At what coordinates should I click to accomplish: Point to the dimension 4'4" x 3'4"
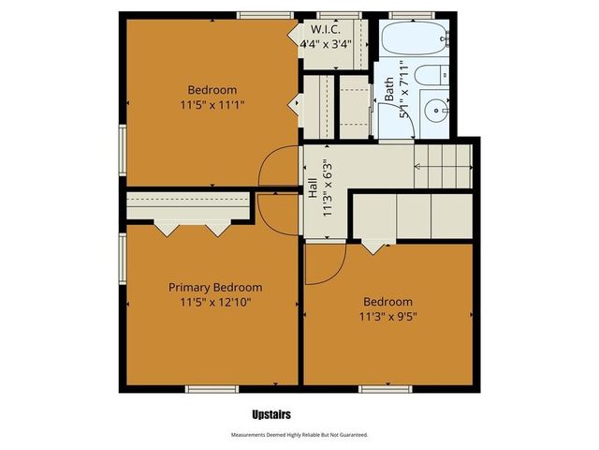pos(326,43)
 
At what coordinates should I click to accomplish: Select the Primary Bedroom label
pos(215,287)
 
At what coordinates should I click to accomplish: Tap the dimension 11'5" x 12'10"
pos(215,302)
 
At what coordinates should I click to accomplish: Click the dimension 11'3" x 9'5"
pos(387,317)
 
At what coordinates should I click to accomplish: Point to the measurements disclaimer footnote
pos(299,435)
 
